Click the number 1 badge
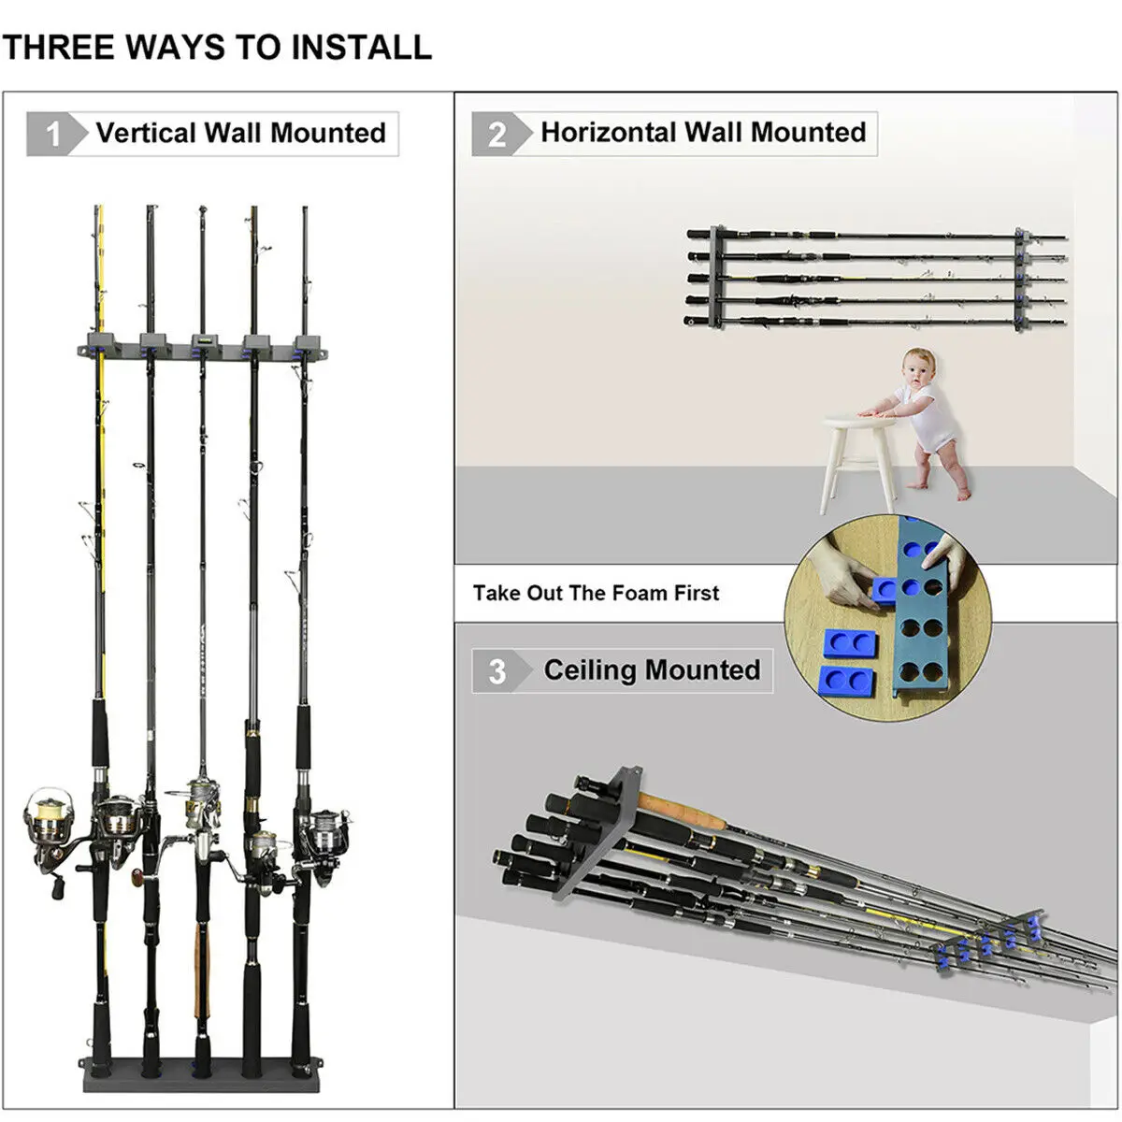click(x=53, y=134)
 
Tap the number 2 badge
click(x=496, y=135)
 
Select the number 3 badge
click(x=496, y=671)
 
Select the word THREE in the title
click(x=58, y=47)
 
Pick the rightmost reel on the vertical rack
click(x=320, y=831)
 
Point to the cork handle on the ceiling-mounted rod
click(x=683, y=810)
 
